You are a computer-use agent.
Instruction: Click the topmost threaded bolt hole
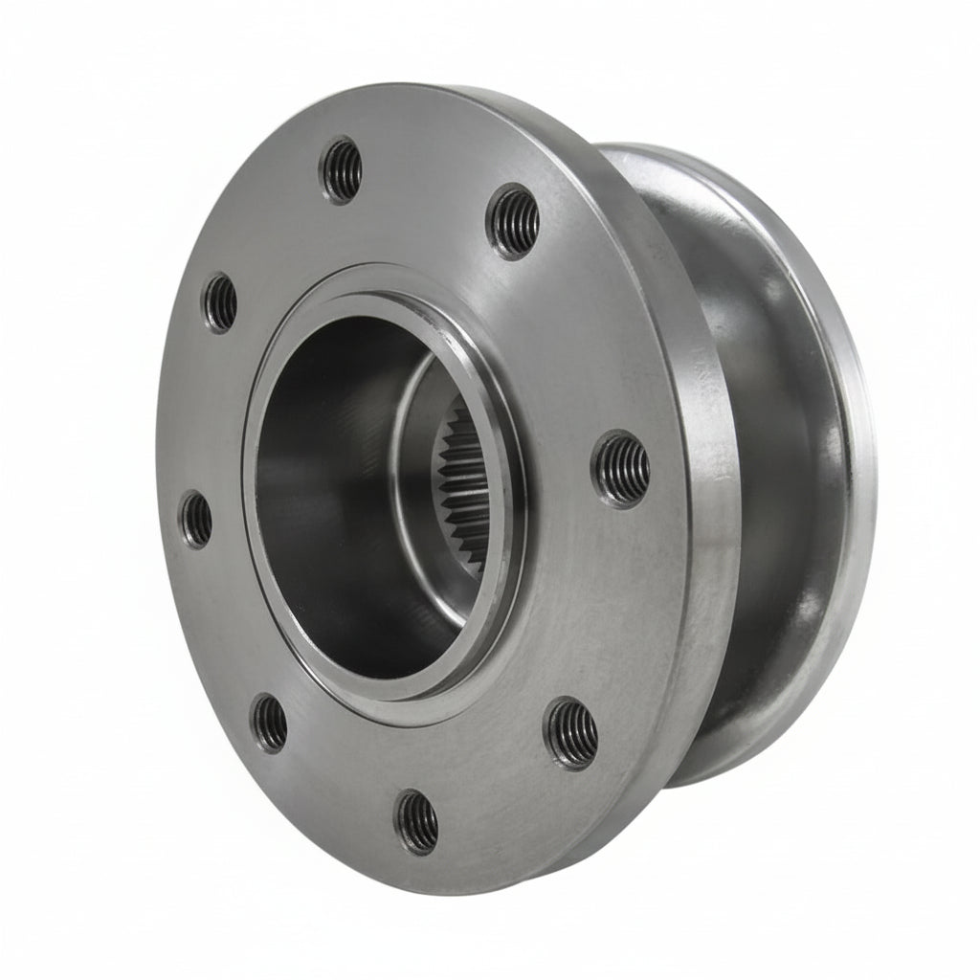coord(342,170)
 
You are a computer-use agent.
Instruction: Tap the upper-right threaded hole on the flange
coord(515,221)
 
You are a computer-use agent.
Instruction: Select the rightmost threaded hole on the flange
coord(622,468)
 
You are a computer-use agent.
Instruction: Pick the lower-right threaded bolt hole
coord(571,733)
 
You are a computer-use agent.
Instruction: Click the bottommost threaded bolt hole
coord(417,821)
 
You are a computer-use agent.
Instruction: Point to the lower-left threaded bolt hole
coord(269,722)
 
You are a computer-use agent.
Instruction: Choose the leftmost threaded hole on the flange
coord(196,520)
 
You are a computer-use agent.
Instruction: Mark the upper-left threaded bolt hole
coord(219,302)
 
